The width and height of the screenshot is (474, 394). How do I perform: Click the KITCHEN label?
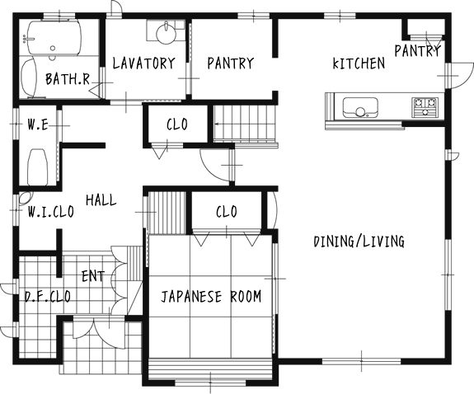359,63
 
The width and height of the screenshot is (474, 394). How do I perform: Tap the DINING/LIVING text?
359,242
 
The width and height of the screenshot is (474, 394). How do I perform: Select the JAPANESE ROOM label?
211,297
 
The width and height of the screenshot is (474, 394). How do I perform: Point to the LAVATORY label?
144,63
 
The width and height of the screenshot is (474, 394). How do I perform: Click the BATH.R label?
68,79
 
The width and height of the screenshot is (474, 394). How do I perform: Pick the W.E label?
38,124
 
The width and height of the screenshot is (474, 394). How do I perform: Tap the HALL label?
101,200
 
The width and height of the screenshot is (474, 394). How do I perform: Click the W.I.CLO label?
51,212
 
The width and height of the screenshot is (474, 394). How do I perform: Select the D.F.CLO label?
48,297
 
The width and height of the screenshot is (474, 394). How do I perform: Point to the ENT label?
93,276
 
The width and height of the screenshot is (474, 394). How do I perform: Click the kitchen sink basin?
360,107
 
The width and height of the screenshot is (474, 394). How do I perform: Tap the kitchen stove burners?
425,107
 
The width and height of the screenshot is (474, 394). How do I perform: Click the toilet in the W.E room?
38,167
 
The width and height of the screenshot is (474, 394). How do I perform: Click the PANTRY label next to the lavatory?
230,63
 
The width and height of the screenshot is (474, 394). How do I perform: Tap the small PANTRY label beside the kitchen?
417,51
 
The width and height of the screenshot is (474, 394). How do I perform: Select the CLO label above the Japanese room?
227,212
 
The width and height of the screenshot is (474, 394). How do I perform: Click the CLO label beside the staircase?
177,124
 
